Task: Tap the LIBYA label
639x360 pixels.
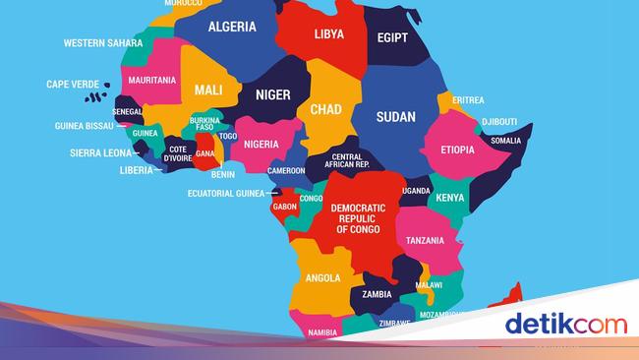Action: pos(328,34)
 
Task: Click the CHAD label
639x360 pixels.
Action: pos(325,109)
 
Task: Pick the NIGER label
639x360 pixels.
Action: pos(272,95)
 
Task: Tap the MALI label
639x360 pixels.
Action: pos(208,90)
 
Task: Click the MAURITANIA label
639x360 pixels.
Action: pos(151,80)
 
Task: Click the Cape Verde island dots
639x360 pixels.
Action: pos(95,94)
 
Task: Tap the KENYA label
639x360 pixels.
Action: pos(450,198)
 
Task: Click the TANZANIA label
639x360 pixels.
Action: pos(419,240)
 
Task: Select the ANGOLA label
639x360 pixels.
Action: pos(322,278)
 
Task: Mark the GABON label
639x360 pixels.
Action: pos(285,208)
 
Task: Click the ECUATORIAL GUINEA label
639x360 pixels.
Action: pos(226,194)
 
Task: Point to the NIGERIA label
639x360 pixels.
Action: pos(261,144)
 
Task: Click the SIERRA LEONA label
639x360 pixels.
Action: pos(101,153)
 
